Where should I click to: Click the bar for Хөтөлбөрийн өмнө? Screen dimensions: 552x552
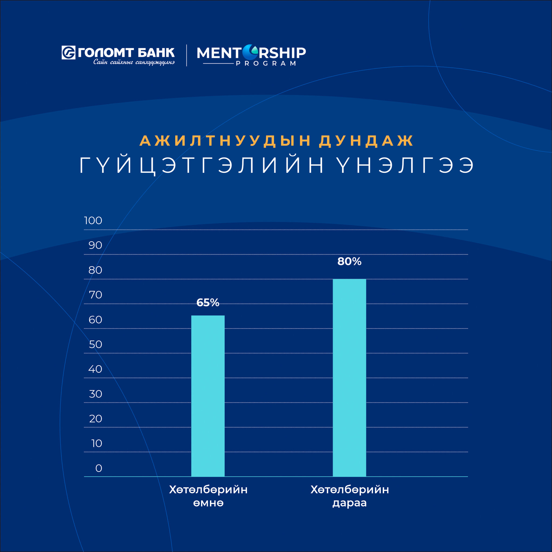(x=208, y=396)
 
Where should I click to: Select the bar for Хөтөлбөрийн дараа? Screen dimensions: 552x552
(x=349, y=378)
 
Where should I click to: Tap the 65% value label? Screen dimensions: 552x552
(x=208, y=303)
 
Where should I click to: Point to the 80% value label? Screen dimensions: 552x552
(x=349, y=261)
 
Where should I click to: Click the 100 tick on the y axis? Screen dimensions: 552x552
(x=93, y=220)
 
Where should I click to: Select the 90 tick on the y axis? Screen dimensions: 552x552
(x=95, y=245)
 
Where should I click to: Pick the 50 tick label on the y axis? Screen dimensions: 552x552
(x=95, y=344)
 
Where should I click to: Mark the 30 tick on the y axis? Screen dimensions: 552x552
(x=95, y=394)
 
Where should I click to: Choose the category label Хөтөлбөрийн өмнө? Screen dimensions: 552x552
(x=208, y=496)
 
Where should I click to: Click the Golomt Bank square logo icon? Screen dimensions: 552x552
(x=68, y=53)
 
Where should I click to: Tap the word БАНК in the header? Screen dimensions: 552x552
(x=156, y=53)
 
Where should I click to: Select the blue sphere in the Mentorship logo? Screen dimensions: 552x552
(x=250, y=52)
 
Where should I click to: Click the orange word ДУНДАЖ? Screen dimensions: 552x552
(x=366, y=141)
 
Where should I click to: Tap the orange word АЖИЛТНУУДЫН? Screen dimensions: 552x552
(x=225, y=141)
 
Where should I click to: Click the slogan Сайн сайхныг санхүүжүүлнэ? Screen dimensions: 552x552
(x=134, y=62)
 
